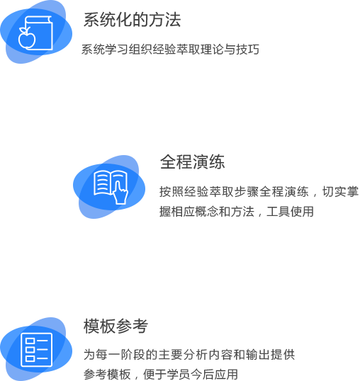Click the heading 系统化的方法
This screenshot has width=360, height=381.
coord(133,20)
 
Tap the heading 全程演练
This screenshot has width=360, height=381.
coord(192,162)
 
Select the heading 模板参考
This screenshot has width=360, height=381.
coord(116,326)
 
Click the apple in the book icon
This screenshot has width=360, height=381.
coord(27,38)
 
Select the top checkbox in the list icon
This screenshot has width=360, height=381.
coord(30,341)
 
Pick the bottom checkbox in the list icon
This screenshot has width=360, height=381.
coord(30,358)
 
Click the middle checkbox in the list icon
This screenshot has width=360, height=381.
coord(30,349)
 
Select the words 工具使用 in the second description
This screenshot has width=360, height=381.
coord(291,212)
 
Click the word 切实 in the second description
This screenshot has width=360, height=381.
coord(334,191)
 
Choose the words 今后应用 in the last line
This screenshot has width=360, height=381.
coord(214,374)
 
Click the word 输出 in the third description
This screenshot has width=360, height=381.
coord(258,354)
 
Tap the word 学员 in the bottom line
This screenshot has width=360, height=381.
coord(178,374)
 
